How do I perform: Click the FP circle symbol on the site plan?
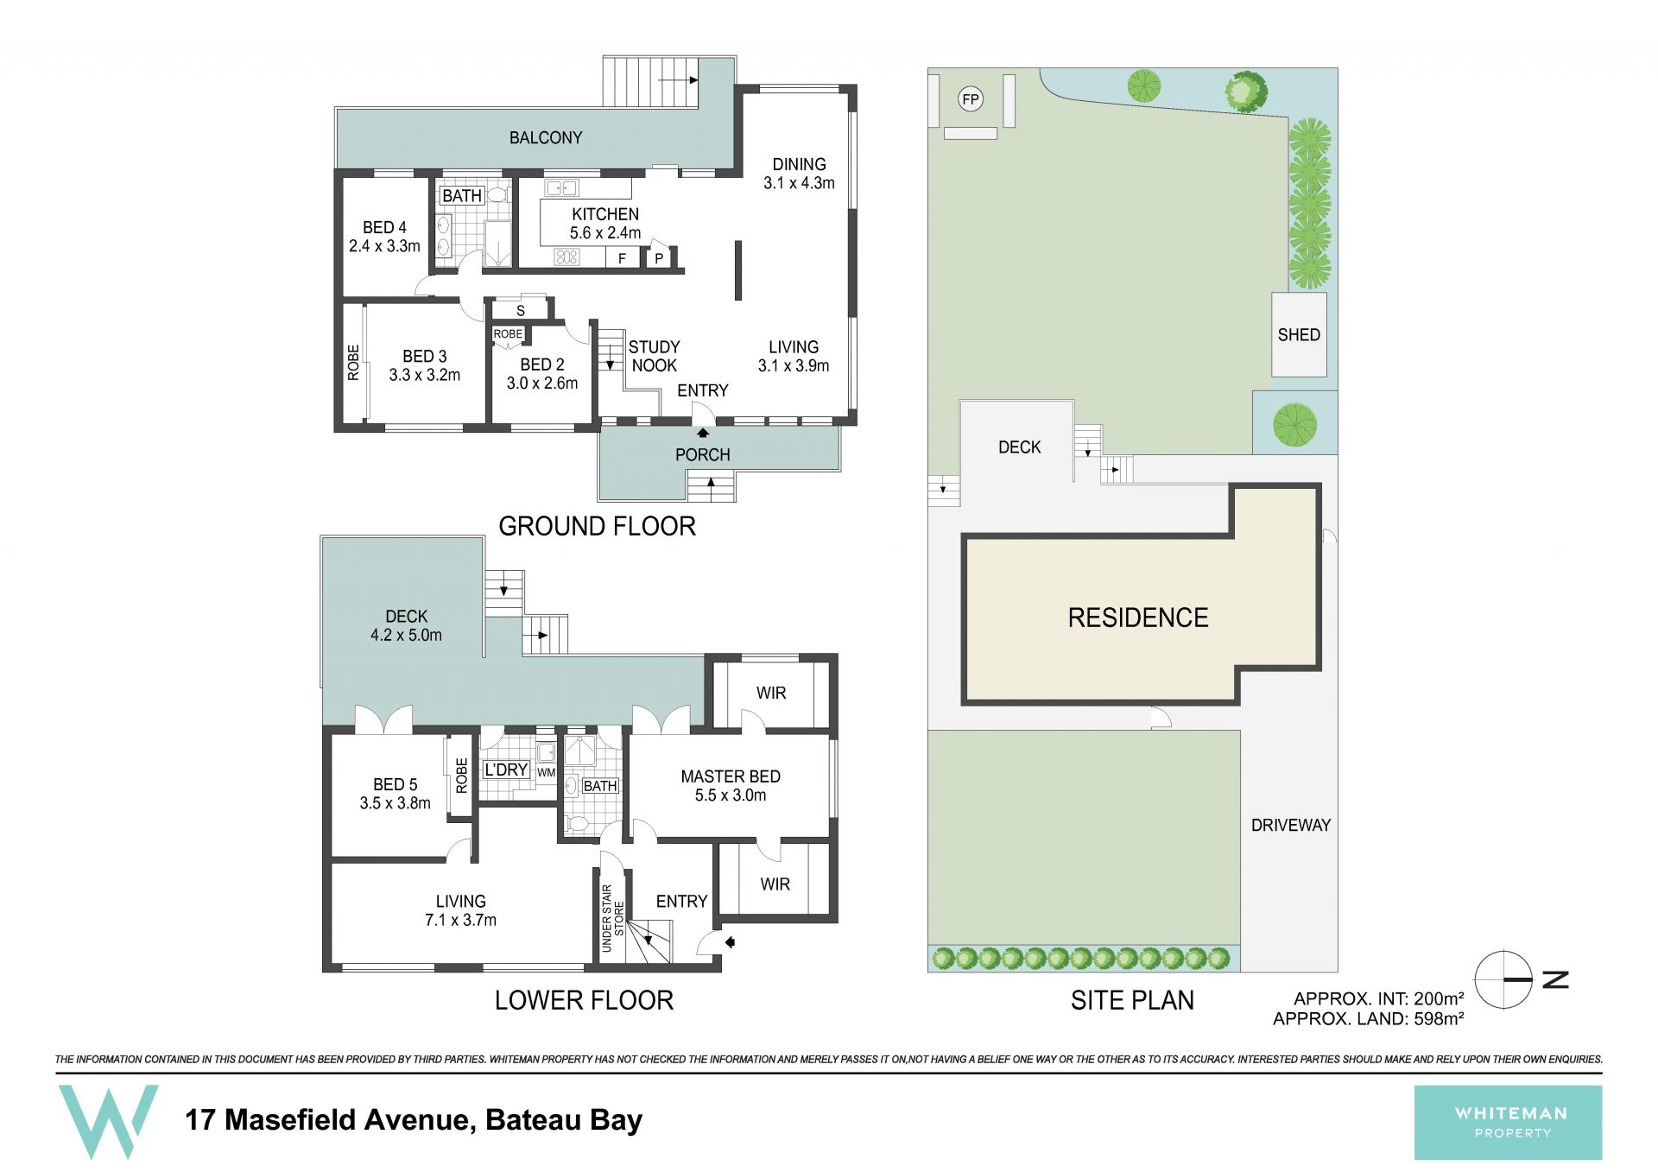click(x=971, y=99)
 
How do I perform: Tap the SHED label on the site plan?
click(x=1299, y=335)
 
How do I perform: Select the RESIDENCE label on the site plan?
click(x=1138, y=618)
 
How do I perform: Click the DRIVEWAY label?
click(x=1291, y=825)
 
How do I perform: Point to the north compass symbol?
click(x=1503, y=979)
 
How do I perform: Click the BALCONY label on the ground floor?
click(x=546, y=137)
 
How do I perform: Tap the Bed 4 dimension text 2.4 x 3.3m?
click(x=384, y=246)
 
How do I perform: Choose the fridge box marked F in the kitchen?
click(x=622, y=257)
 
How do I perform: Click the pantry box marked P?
click(x=659, y=257)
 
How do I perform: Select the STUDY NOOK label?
click(x=654, y=356)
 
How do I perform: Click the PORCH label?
click(x=703, y=455)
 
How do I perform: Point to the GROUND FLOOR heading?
click(x=598, y=526)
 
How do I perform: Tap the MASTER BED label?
click(x=731, y=776)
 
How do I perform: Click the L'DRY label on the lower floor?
click(x=506, y=770)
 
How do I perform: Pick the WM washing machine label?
click(x=546, y=772)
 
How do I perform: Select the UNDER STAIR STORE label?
click(x=612, y=918)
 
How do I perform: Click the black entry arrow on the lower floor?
click(x=730, y=942)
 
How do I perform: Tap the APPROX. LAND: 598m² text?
click(x=1369, y=1019)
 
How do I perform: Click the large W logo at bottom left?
click(x=108, y=1121)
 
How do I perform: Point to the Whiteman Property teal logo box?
click(x=1508, y=1122)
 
